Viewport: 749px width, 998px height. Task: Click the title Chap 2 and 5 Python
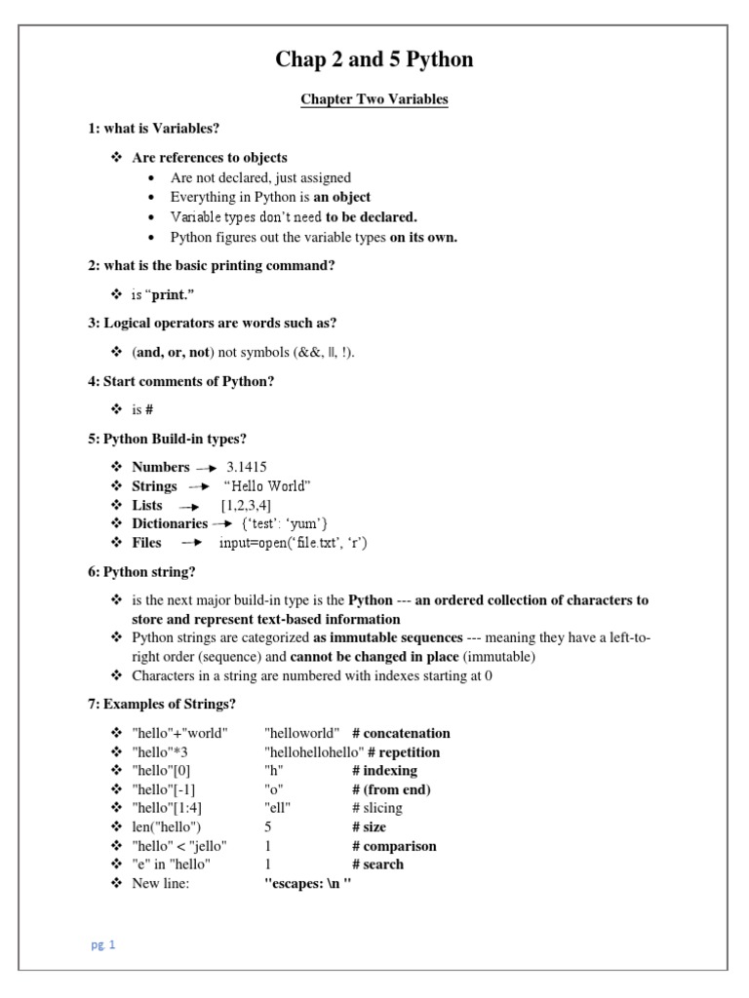click(x=374, y=59)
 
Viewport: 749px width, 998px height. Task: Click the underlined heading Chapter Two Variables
click(x=374, y=99)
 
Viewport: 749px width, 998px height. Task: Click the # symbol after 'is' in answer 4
click(x=150, y=410)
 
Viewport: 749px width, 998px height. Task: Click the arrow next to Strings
click(x=199, y=486)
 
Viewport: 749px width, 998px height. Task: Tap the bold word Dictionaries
click(x=170, y=523)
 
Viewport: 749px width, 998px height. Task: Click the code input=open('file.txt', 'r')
click(x=293, y=543)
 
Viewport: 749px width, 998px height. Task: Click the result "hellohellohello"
click(x=314, y=752)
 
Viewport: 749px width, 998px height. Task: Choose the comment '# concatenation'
click(x=401, y=733)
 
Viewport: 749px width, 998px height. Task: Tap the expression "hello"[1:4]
click(x=167, y=808)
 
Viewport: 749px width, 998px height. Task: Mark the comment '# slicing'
click(x=377, y=808)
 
